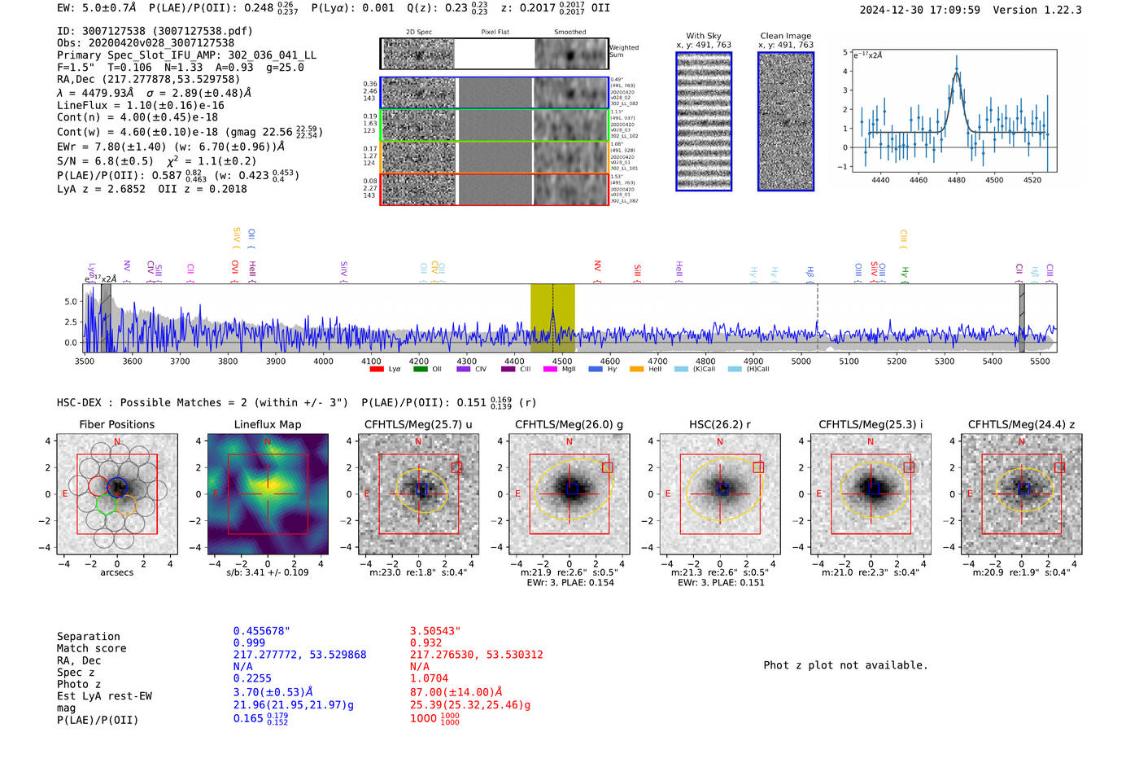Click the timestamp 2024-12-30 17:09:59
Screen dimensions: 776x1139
click(919, 11)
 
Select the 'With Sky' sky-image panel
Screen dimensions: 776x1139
click(704, 121)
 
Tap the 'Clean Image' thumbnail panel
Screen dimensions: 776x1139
click(786, 121)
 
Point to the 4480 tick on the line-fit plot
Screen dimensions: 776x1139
click(957, 180)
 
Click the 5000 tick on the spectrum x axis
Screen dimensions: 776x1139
click(801, 362)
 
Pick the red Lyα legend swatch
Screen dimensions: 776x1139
click(377, 370)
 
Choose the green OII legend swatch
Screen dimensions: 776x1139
click(421, 370)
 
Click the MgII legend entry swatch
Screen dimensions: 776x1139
click(550, 370)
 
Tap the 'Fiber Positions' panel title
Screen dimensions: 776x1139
click(117, 424)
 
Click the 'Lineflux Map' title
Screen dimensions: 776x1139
click(268, 424)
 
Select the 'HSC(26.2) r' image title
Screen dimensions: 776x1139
click(720, 424)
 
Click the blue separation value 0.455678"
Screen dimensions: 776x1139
click(261, 631)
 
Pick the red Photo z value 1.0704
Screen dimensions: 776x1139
click(430, 678)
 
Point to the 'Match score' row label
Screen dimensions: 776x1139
click(91, 649)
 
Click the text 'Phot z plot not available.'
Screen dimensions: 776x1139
click(845, 665)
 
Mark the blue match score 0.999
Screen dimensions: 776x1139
click(249, 643)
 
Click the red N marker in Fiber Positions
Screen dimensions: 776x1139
click(117, 442)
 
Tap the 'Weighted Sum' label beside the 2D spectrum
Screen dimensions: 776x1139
click(624, 51)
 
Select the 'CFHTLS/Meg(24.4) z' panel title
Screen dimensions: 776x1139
click(1021, 424)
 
